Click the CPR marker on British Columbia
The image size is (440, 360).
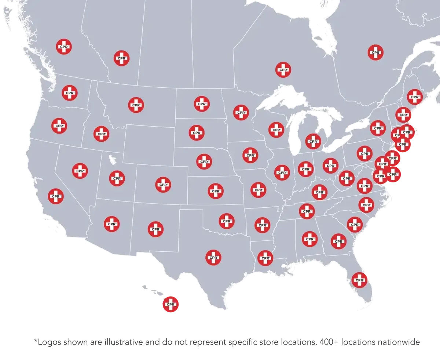pos(64,47)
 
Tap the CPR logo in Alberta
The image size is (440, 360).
pos(121,58)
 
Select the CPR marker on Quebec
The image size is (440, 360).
pos(376,52)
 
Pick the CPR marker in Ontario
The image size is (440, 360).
pos(283,69)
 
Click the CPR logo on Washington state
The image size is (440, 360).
pos(70,93)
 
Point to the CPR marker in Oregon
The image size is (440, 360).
pos(59,126)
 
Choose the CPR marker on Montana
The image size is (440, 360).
pos(136,105)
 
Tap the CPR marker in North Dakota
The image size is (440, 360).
pos(202,104)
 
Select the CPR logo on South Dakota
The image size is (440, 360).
pos(197,132)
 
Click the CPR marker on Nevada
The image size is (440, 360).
pos(80,171)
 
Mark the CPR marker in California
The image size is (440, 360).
pos(56,196)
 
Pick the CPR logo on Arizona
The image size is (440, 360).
pos(111,223)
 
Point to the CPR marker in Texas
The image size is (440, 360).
pos(213,257)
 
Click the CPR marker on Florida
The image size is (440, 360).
pos(359,280)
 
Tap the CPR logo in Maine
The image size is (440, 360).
pos(415,97)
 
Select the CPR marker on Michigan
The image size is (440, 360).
pos(313,141)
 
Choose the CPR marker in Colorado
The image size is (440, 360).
pos(163,184)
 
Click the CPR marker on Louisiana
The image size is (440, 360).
pos(265,258)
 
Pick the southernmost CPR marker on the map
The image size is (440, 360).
pos(171,304)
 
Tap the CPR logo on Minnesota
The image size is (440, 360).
pos(241,112)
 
